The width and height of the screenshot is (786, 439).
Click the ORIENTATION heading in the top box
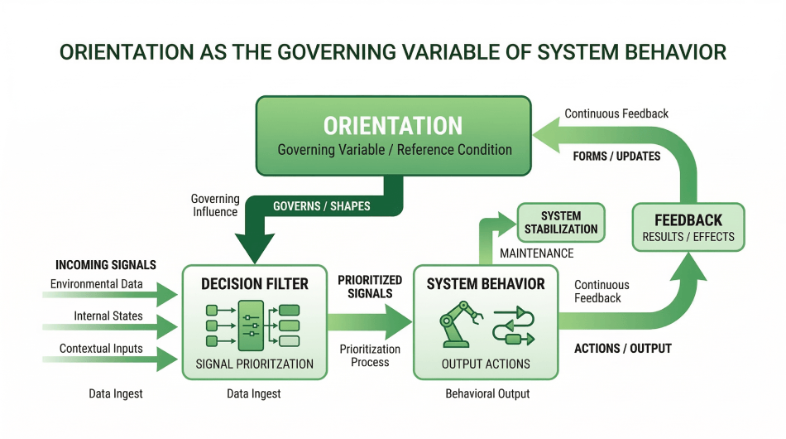pos(393,126)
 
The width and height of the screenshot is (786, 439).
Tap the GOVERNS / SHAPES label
pos(322,206)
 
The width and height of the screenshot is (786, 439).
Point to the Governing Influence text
pos(215,205)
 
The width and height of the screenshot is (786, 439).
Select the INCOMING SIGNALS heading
pos(106,265)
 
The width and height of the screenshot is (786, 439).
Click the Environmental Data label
pos(96,285)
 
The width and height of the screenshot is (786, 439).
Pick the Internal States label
pos(108,316)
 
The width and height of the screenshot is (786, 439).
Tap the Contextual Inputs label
pos(101,349)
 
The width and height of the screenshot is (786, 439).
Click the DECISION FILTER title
pos(255,284)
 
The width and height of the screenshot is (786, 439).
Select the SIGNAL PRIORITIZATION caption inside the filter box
pos(255,364)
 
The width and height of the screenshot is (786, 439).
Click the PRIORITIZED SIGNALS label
pos(369,287)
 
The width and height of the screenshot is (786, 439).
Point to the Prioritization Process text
pos(370,356)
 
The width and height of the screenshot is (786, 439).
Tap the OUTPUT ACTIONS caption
pos(486,364)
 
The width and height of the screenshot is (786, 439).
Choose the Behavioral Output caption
pos(486,394)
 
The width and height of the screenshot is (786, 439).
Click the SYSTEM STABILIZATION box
pos(561,222)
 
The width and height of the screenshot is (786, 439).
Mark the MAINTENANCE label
pos(535,252)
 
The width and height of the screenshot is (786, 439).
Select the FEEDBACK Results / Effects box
pos(688,228)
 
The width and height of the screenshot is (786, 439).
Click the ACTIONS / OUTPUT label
pos(622,349)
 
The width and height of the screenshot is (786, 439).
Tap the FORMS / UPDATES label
pos(616,157)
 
